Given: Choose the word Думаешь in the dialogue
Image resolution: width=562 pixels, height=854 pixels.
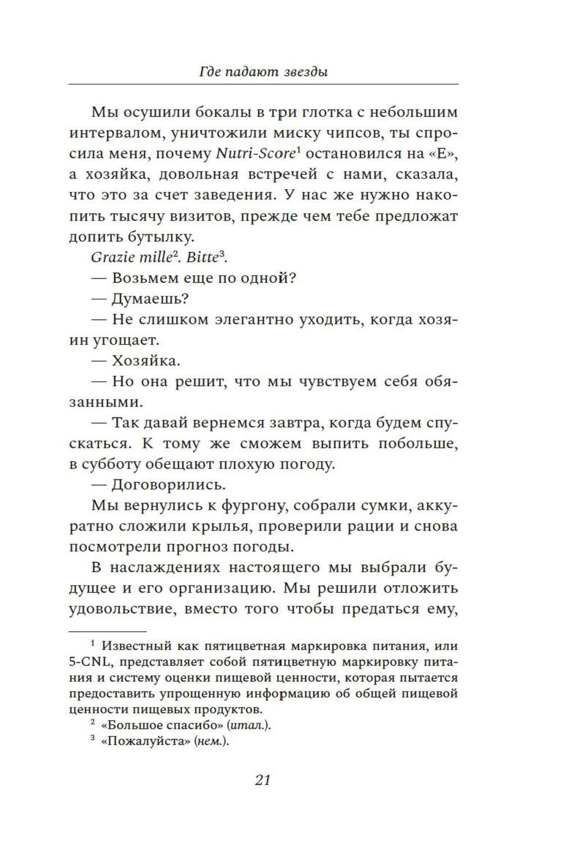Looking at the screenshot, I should (x=147, y=299).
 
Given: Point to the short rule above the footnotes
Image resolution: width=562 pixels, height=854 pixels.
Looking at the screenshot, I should (x=107, y=632).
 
